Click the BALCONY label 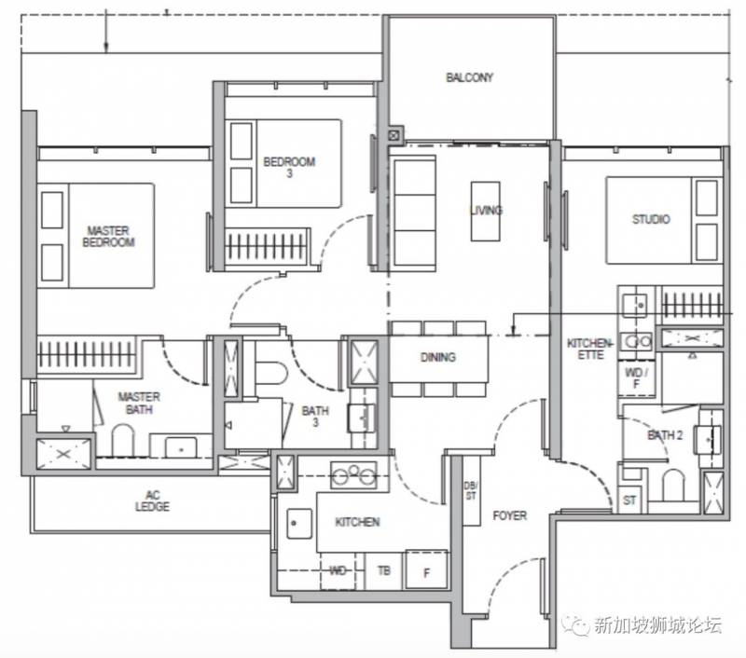tap(469, 77)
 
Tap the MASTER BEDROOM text tap(108, 237)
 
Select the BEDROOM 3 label tap(289, 168)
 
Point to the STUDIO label tap(651, 219)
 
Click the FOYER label tap(509, 515)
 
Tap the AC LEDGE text tap(152, 501)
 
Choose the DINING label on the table tap(437, 357)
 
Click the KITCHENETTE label tap(590, 349)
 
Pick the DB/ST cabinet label tap(471, 490)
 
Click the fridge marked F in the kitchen tap(427, 570)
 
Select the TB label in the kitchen tap(384, 570)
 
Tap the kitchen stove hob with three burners tap(353, 475)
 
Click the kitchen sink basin tap(299, 524)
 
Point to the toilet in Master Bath tap(123, 440)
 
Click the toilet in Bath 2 tap(672, 485)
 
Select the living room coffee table tap(485, 211)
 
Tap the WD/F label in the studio tap(636, 378)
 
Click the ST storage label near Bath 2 tap(629, 500)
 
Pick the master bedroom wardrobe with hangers tap(86, 354)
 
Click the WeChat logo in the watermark tap(575, 624)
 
